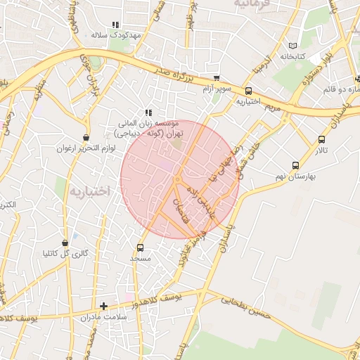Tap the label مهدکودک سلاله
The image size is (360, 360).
(x=116, y=34)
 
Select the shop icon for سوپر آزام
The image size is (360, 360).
(x=217, y=79)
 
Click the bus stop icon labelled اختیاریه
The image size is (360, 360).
(x=248, y=91)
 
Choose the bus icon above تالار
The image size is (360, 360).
(x=321, y=140)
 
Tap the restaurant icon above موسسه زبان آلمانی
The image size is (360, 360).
(x=148, y=112)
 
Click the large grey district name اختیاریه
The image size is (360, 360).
(x=90, y=191)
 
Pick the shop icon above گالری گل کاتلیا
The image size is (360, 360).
(x=65, y=243)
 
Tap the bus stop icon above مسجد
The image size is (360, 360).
(x=141, y=247)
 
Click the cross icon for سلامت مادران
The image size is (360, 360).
(x=104, y=306)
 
